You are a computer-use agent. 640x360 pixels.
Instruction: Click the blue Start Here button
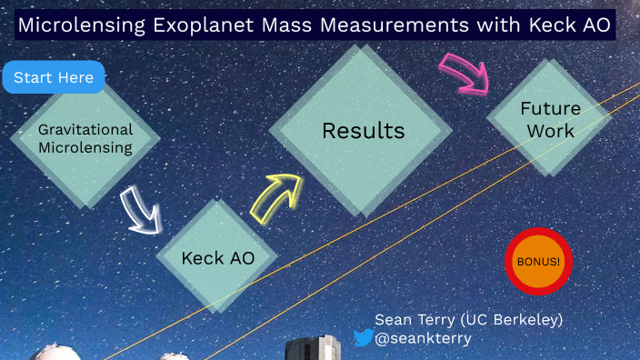54,78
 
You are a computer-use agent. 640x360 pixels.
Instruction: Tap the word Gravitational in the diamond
85,129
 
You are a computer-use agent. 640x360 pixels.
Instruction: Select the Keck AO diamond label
217,258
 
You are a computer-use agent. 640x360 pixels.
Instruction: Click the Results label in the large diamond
363,131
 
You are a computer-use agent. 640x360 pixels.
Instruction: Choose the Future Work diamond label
549,119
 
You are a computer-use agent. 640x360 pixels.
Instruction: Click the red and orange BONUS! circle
538,261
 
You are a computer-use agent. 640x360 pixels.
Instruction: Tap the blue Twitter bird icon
363,338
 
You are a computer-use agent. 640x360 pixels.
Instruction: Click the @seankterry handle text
418,338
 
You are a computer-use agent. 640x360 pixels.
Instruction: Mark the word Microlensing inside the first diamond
85,147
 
